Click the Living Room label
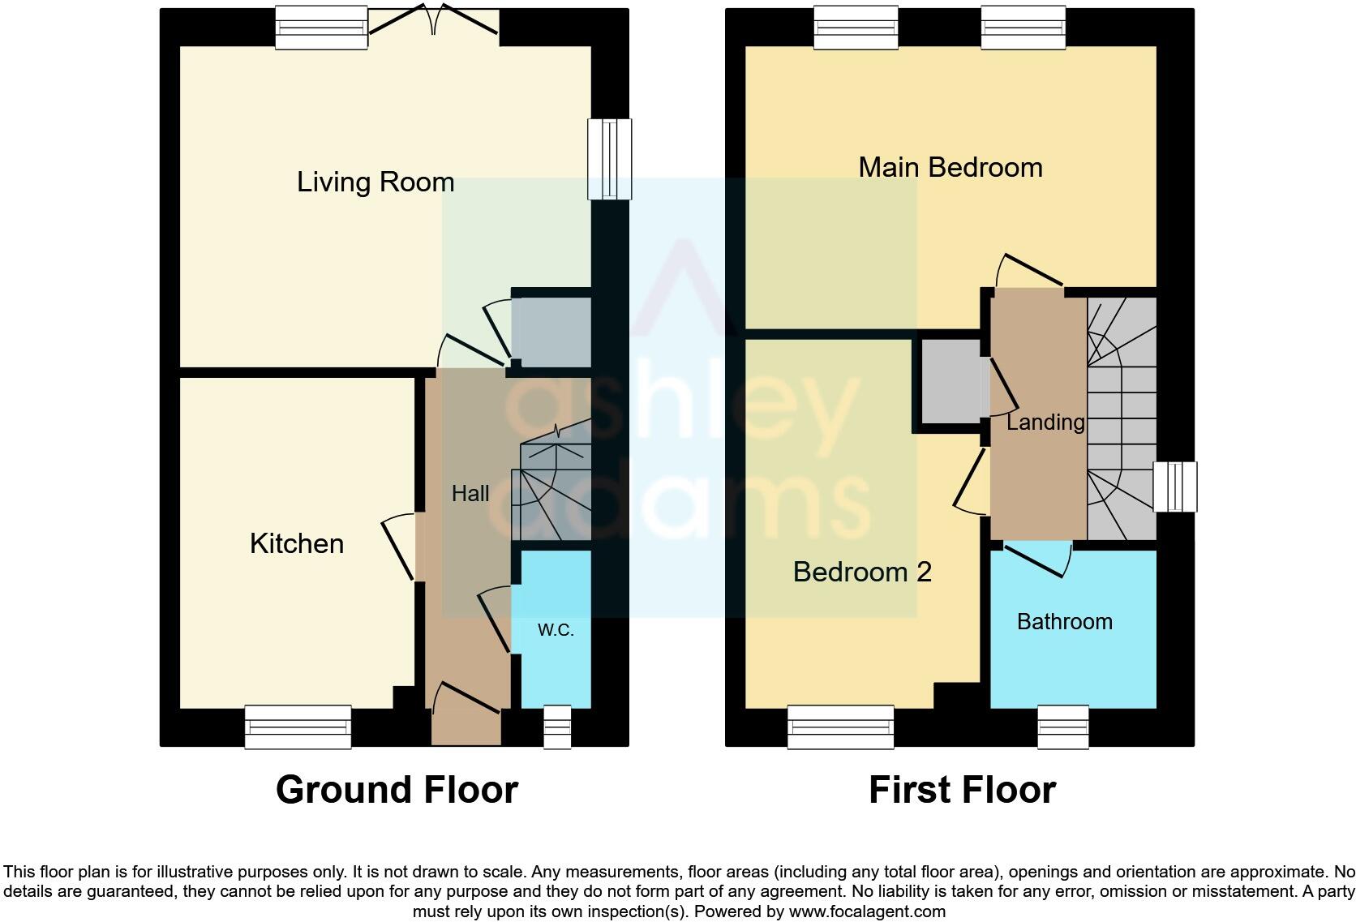[375, 182]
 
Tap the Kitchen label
[296, 543]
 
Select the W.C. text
[556, 630]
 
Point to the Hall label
[470, 493]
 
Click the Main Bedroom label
[950, 167]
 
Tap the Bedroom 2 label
[861, 572]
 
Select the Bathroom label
[1064, 621]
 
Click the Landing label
[1045, 422]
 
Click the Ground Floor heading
[396, 789]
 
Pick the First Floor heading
[961, 789]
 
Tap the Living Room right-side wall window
[610, 159]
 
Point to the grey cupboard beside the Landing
[949, 381]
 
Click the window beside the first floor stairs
[1174, 487]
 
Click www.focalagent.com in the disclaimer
[867, 911]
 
